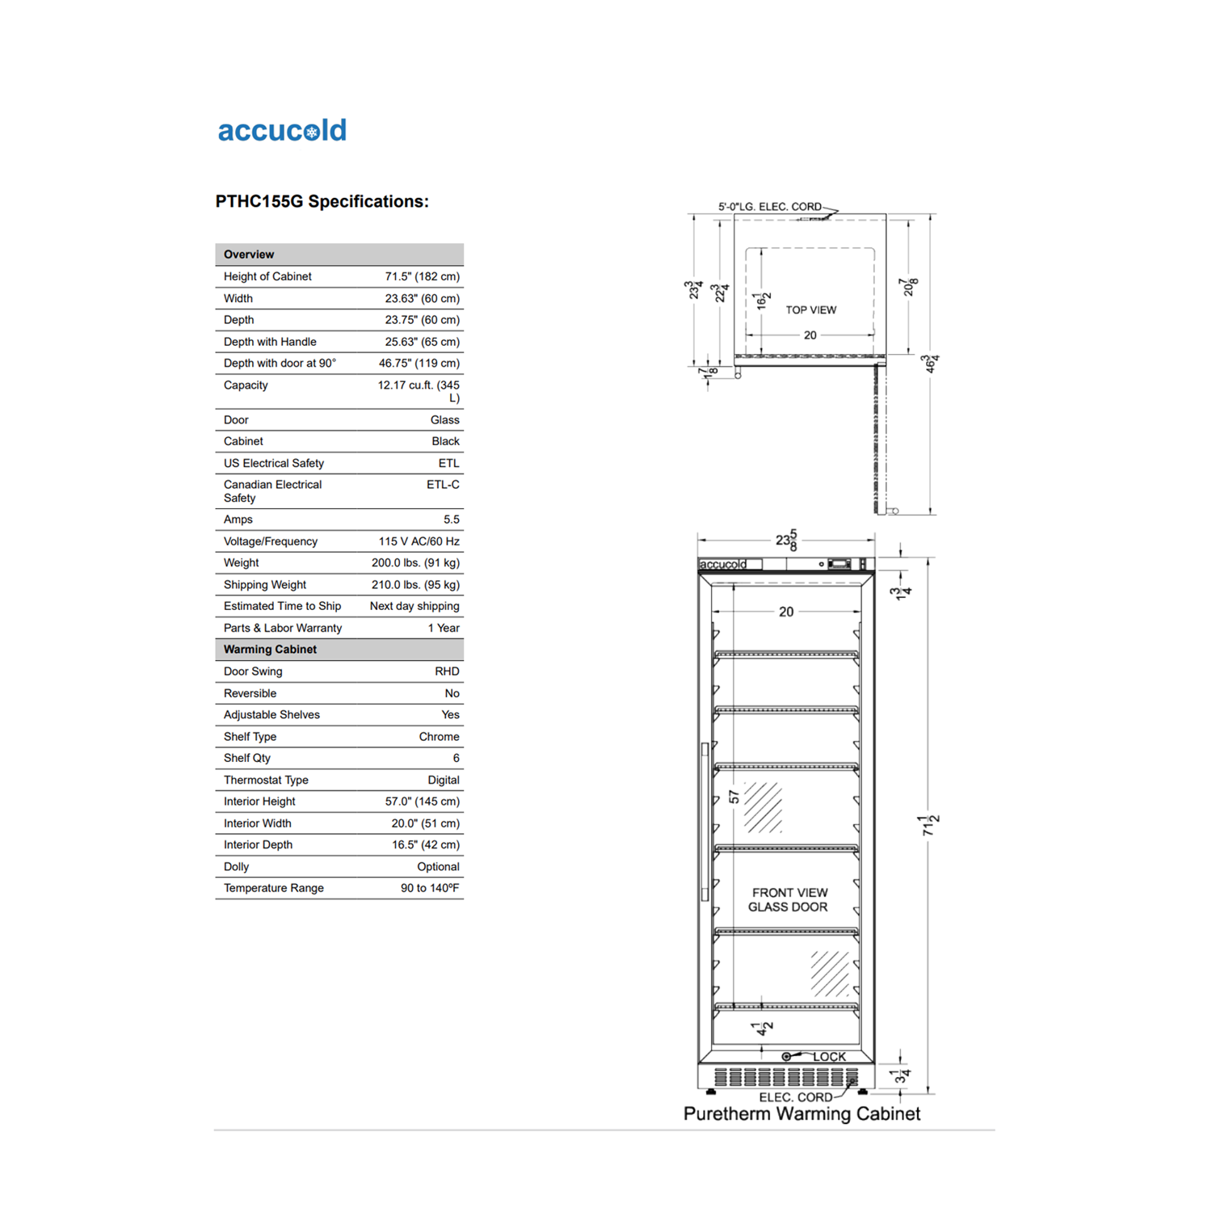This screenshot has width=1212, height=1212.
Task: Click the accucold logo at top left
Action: pos(282,131)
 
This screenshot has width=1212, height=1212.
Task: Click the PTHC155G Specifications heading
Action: pos(322,201)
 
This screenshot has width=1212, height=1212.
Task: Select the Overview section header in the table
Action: pos(249,255)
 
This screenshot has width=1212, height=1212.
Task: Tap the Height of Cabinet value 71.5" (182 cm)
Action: pos(422,276)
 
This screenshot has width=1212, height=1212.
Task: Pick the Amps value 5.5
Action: pos(451,520)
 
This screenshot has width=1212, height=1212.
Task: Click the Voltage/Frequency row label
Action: pos(271,541)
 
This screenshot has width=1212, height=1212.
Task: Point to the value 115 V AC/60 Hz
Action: pos(419,541)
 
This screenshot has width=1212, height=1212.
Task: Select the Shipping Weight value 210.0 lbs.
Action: pos(415,585)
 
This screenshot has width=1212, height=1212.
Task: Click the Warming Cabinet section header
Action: pos(270,650)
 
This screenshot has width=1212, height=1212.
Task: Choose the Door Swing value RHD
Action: pos(447,671)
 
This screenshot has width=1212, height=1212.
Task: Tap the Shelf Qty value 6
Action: pos(456,758)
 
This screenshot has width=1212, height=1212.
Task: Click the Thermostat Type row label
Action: pos(266,780)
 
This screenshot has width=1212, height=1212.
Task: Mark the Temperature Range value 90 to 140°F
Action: pos(430,888)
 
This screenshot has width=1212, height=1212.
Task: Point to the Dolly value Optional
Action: pos(438,866)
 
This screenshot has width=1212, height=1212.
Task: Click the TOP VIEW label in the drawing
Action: pos(810,310)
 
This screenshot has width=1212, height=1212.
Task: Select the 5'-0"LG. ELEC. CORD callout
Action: pos(769,207)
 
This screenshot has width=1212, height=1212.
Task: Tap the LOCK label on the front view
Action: pos(829,1056)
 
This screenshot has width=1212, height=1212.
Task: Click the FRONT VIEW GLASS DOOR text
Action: pos(789,899)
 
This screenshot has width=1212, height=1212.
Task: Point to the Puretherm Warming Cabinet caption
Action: pos(802,1113)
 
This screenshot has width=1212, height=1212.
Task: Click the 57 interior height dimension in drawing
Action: pos(734,797)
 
